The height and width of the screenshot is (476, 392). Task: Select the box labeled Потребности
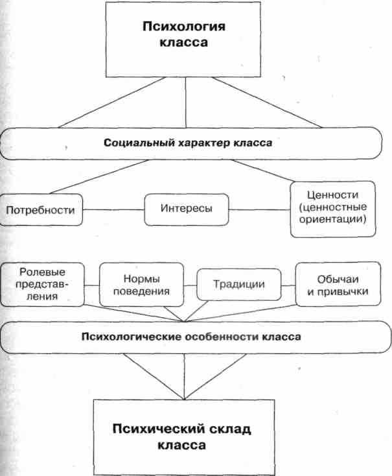tap(41, 210)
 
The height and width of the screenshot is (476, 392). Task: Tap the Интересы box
tap(187, 209)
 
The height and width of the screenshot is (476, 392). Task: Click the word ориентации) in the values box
tap(333, 219)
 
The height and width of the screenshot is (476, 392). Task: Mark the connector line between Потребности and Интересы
tap(113, 209)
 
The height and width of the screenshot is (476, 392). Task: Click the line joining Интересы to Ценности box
tap(260, 209)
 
